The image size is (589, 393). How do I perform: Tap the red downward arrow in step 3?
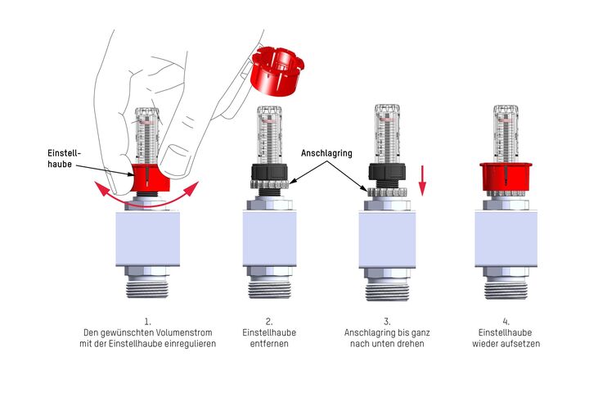tap(423, 180)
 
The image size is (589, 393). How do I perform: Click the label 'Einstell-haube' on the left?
tap(64, 158)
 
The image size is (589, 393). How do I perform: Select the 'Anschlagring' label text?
tap(326, 153)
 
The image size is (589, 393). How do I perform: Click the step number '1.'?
tap(147, 322)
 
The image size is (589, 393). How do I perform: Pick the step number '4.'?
tap(506, 322)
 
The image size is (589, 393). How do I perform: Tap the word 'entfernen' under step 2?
tap(269, 344)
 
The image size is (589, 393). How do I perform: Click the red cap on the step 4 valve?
tap(506, 177)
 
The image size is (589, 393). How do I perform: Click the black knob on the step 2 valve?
tap(269, 172)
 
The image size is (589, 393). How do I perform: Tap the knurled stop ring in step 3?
tap(387, 192)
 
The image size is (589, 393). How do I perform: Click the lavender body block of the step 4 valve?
tap(506, 239)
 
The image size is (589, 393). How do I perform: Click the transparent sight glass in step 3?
tap(387, 134)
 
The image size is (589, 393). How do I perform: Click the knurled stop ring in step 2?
tap(269, 184)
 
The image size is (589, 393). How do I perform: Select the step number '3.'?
tap(387, 322)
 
